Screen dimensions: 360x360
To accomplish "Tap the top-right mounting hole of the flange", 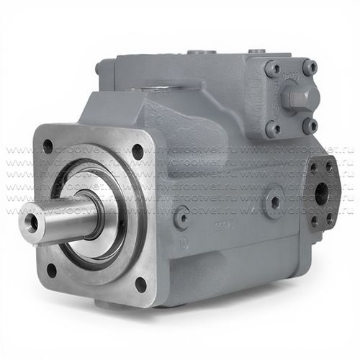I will point(138,151).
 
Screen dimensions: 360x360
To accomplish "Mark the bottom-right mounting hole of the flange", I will point(140,282).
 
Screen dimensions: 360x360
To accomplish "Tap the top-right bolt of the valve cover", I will point(310,68).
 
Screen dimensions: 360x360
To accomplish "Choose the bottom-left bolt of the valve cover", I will point(274,129).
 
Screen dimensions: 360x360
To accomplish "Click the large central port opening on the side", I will point(322,193).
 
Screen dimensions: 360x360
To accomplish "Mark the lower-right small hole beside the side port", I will point(329,216).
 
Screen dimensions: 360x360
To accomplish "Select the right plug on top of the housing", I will point(254,52).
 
